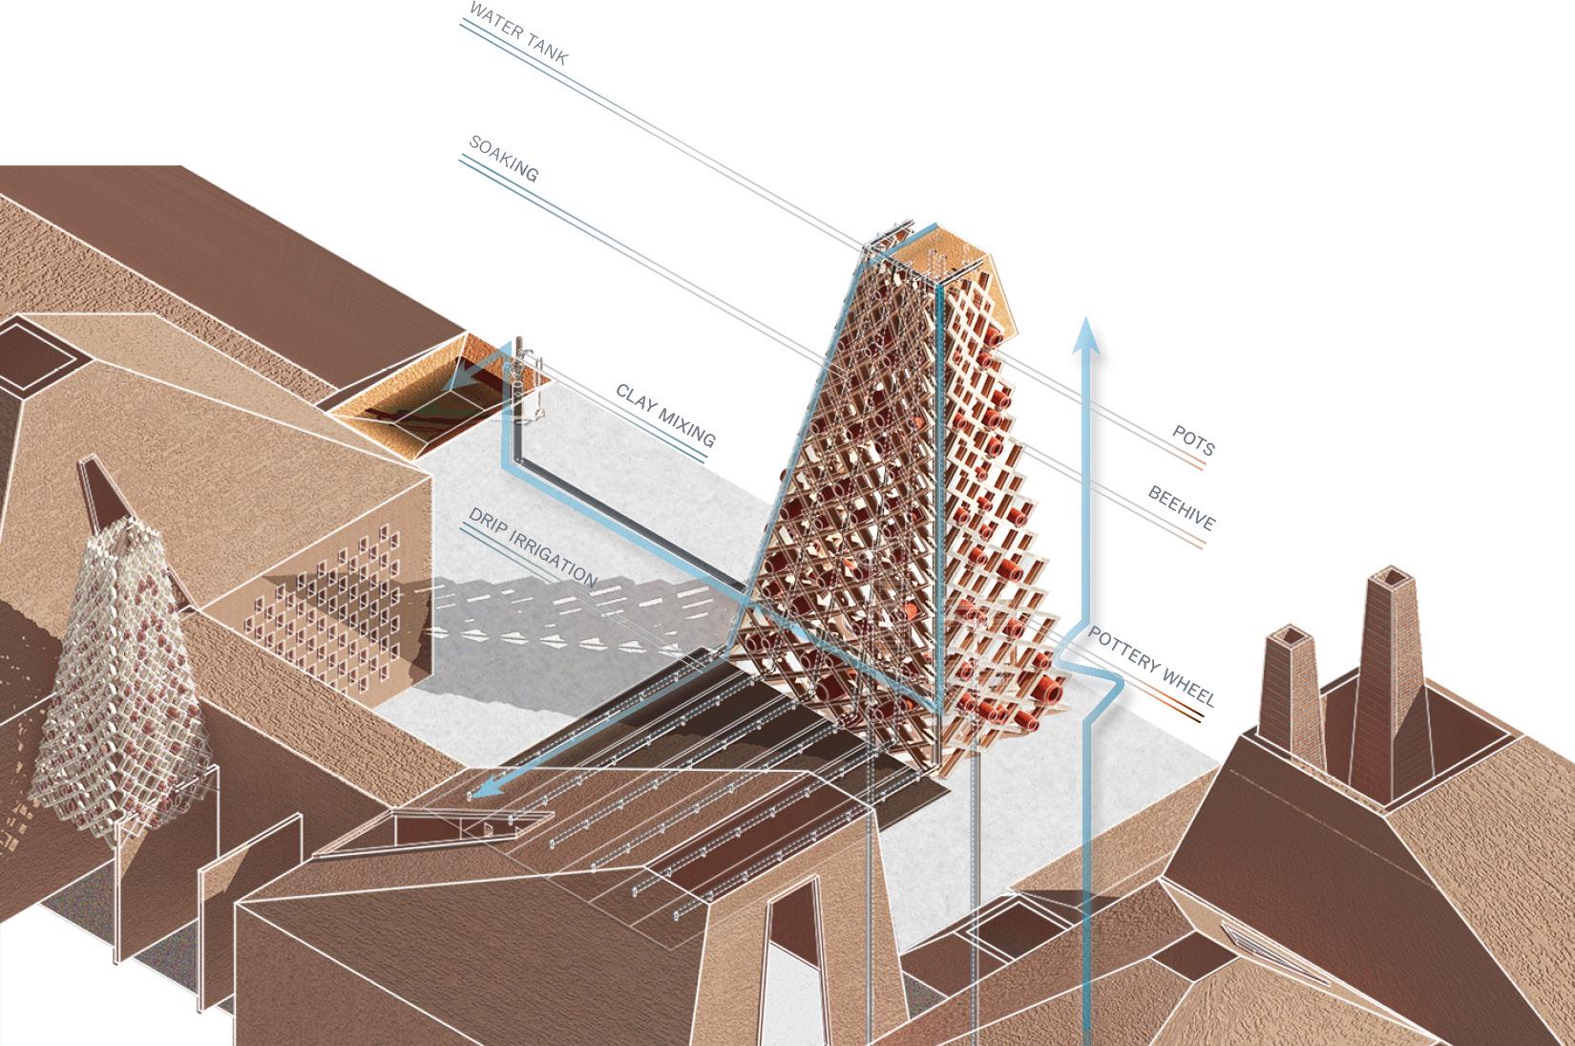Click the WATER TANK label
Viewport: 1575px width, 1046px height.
tap(518, 33)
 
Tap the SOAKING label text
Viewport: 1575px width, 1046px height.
tap(503, 159)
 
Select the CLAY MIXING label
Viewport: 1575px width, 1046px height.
tap(665, 416)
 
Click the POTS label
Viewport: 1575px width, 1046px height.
tap(1193, 441)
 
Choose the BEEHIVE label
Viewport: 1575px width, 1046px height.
tap(1182, 508)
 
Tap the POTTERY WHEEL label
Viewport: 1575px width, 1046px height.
tap(1152, 666)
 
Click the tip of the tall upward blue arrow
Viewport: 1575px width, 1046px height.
tap(1086, 318)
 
